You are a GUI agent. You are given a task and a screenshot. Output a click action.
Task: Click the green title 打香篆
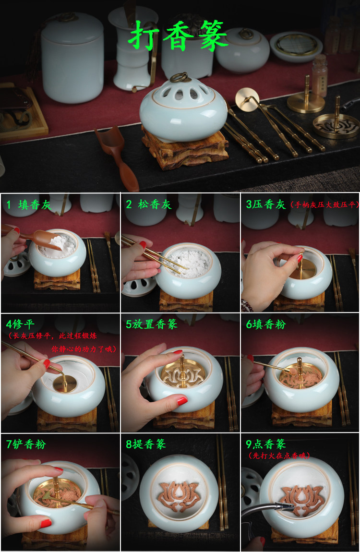click(178, 35)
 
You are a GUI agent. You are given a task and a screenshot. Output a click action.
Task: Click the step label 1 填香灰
click(29, 205)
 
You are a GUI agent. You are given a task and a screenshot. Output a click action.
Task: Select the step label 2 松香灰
click(149, 204)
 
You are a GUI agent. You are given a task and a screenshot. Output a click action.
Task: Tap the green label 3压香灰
click(266, 204)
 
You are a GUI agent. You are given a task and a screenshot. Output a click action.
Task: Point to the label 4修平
click(20, 324)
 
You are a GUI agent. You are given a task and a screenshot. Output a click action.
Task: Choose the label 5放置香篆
click(152, 324)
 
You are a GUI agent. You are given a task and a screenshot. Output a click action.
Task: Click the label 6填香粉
click(266, 324)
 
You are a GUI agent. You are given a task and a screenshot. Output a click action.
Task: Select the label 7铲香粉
click(26, 444)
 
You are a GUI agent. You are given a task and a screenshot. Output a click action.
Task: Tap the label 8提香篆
click(146, 444)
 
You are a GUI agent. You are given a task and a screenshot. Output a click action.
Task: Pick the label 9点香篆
click(266, 444)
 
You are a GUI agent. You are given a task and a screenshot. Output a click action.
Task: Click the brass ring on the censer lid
click(180, 77)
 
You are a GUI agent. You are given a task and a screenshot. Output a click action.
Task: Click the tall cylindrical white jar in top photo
click(72, 58)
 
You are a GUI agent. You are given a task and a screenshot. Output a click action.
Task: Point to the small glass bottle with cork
click(320, 76)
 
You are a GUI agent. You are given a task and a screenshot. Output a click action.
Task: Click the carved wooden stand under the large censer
click(185, 150)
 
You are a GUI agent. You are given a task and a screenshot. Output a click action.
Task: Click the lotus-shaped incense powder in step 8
click(179, 496)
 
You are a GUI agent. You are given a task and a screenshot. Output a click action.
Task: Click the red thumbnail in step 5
click(181, 400)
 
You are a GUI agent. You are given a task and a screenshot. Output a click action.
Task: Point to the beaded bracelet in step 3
click(247, 306)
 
